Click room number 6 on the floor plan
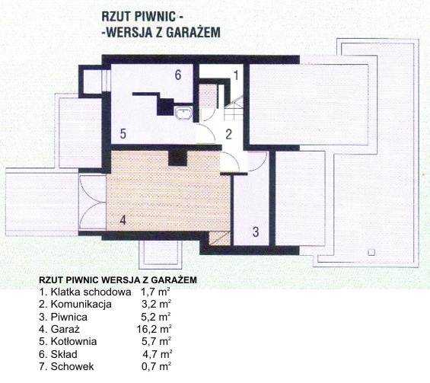click(178, 75)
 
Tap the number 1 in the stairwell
click(236, 75)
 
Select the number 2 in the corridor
click(229, 134)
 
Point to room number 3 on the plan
click(256, 231)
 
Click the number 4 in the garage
click(123, 220)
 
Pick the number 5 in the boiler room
click(123, 133)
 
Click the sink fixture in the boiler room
click(183, 113)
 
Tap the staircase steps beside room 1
click(234, 108)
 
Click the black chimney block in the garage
click(177, 158)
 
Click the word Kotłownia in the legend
click(74, 342)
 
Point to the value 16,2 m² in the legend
click(154, 329)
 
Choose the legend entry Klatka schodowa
click(91, 292)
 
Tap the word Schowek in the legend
click(72, 366)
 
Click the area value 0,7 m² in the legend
click(156, 366)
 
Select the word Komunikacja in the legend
click(81, 305)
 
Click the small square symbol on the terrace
click(371, 252)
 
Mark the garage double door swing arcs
click(92, 203)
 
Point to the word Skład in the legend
click(64, 354)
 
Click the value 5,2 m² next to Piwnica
click(156, 317)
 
